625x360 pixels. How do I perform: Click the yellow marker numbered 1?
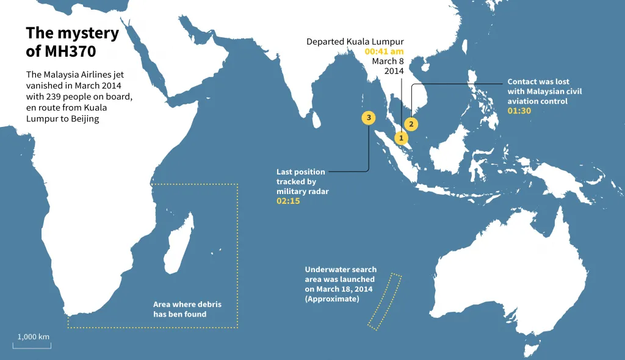[x=401, y=138]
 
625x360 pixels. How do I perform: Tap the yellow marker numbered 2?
[x=411, y=124]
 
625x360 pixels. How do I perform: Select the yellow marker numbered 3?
[x=368, y=117]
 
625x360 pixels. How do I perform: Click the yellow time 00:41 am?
[x=384, y=51]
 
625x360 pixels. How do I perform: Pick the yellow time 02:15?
[x=288, y=201]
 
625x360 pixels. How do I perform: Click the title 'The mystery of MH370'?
[x=72, y=41]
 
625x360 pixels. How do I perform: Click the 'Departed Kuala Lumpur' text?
[x=355, y=41]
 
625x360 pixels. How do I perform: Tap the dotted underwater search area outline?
[x=385, y=302]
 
